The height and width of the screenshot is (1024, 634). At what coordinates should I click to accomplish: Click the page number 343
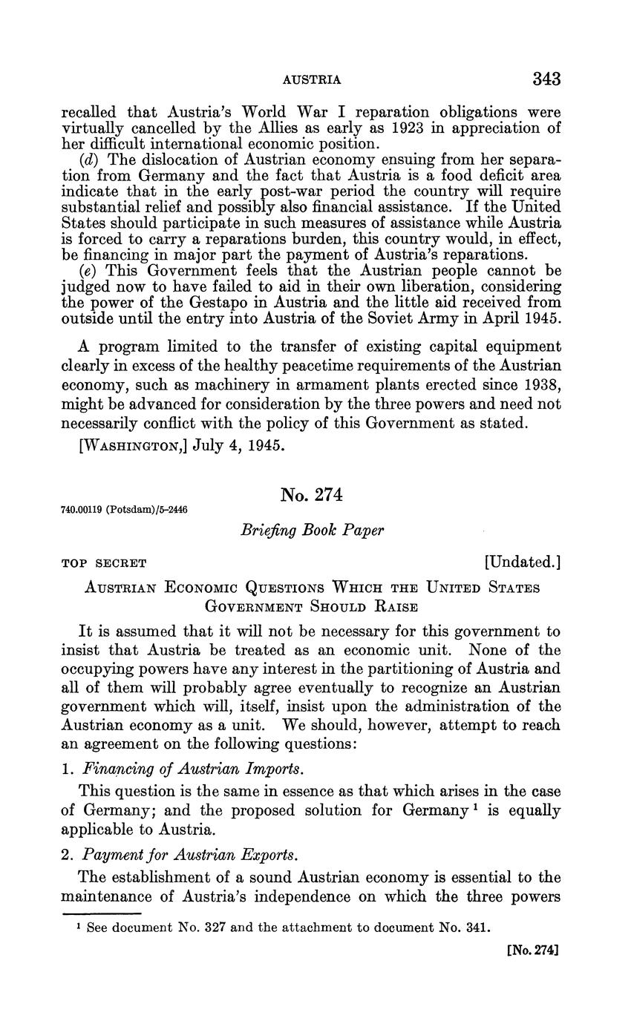(x=546, y=79)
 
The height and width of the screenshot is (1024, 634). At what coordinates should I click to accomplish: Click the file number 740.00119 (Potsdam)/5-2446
(x=123, y=510)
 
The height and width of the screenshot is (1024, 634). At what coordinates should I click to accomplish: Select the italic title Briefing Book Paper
(x=313, y=531)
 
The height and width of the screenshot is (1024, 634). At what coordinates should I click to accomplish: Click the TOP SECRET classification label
(x=103, y=563)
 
